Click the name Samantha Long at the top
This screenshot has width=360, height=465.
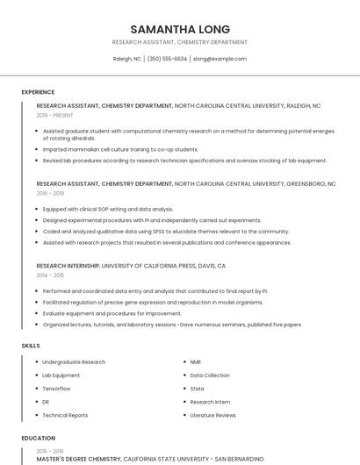pos(180,29)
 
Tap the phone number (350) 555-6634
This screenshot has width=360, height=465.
pos(167,59)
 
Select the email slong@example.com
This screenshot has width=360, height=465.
pos(220,59)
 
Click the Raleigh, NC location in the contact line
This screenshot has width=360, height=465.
pos(127,59)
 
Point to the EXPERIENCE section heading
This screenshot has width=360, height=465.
pos(38,91)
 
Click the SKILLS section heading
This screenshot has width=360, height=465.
pos(31,346)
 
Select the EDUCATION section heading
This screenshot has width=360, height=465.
pos(38,438)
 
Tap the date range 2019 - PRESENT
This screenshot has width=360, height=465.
pos(55,115)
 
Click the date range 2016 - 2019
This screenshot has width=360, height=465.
pos(50,193)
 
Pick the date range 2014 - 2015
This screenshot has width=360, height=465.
pos(50,275)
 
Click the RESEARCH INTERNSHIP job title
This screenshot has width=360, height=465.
pos(68,265)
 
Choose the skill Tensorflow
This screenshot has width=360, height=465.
pos(56,388)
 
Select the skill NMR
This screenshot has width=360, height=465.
pos(196,361)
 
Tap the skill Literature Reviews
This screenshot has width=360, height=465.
pos(212,415)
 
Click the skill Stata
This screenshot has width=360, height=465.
pos(197,388)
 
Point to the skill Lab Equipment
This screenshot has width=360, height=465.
pos(61,375)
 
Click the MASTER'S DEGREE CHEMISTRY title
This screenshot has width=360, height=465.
pos(78,458)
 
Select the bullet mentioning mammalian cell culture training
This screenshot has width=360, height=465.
pos(120,149)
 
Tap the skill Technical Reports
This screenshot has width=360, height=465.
pos(65,415)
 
